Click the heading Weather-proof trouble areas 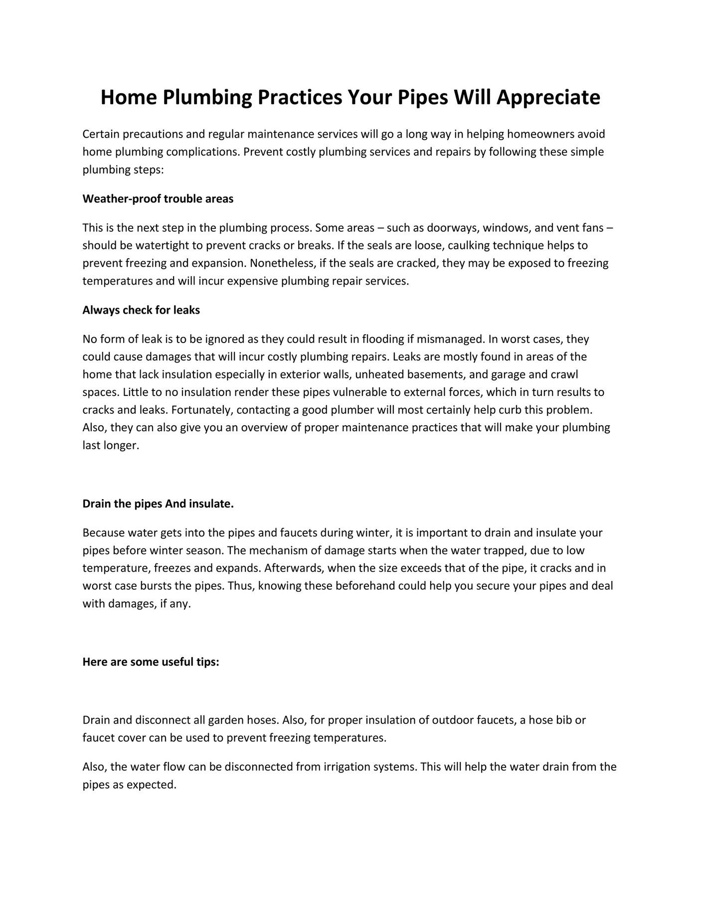tap(158, 199)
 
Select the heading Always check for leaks tap(141, 310)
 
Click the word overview tap(263, 428)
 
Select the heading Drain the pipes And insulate tap(158, 504)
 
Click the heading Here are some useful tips tap(151, 662)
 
